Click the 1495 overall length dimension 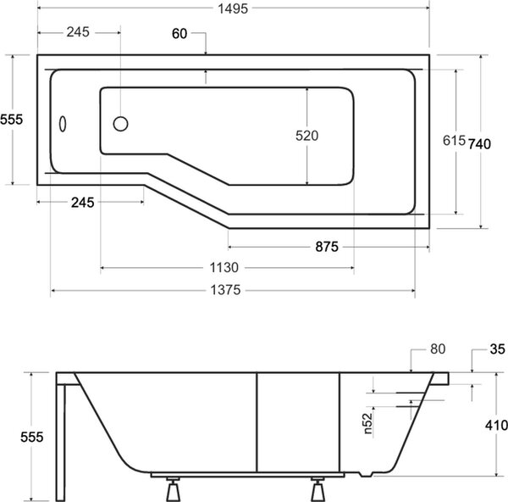pos(233,8)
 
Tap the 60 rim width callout pos(179,34)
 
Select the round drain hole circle pos(120,124)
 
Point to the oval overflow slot pos(63,124)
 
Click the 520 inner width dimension pos(306,136)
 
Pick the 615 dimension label pos(454,141)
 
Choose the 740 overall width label pos(479,144)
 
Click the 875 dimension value pos(327,247)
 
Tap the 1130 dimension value pos(224,268)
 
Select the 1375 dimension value pos(225,290)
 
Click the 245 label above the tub pos(78,32)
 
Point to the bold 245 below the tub pos(83,203)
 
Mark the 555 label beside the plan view pos(11,120)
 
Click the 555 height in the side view pos(32,437)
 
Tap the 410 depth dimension pos(496,425)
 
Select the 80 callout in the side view pos(438,349)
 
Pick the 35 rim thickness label pos(497,349)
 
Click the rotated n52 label pos(367,423)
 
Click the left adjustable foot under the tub pos(173,489)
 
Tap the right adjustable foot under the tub pos(317,489)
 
